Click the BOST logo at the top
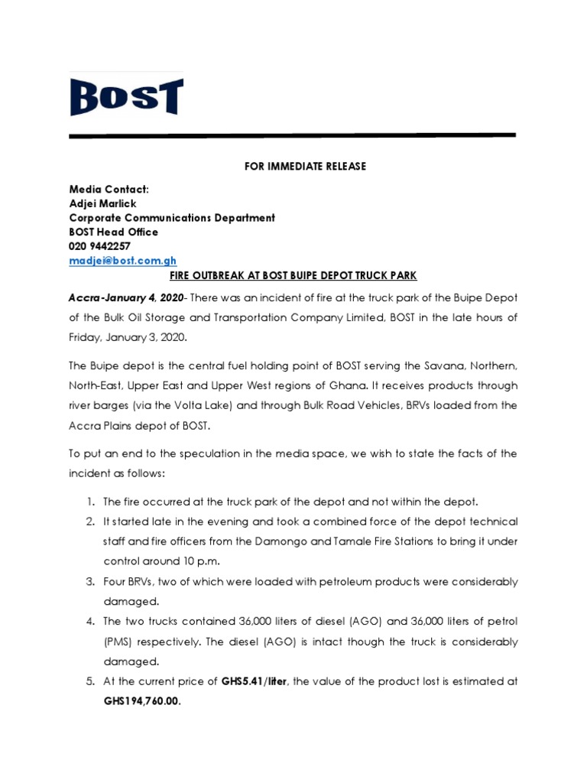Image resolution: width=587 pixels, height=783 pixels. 126,96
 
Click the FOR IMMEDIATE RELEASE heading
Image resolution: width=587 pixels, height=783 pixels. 293,167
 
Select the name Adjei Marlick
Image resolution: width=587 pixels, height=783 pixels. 102,203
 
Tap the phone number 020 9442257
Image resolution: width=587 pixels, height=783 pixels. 100,246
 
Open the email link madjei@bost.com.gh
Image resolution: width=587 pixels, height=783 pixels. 123,261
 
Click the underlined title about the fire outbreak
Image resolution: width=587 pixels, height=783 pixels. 293,275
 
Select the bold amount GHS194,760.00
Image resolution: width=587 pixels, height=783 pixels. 143,701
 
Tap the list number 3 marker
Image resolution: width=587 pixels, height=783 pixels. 90,582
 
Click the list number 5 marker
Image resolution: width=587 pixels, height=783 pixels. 90,682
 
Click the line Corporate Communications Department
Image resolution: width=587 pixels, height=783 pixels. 172,218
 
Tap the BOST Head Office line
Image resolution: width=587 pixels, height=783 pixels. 114,232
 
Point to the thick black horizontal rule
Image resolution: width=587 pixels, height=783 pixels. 293,136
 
